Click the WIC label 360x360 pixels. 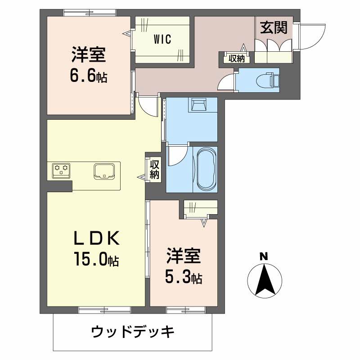point(162,39)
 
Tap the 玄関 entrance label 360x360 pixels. point(273,28)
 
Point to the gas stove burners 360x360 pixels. point(61,170)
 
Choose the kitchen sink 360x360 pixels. point(105,171)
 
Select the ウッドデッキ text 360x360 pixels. point(133,333)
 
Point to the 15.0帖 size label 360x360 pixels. point(97,260)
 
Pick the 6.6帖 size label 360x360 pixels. point(88,76)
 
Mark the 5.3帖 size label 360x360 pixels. point(183,278)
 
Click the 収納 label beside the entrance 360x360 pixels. point(236,58)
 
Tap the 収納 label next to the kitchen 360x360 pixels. point(154,169)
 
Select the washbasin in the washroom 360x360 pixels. point(198,105)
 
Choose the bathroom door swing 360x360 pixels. point(177,155)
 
